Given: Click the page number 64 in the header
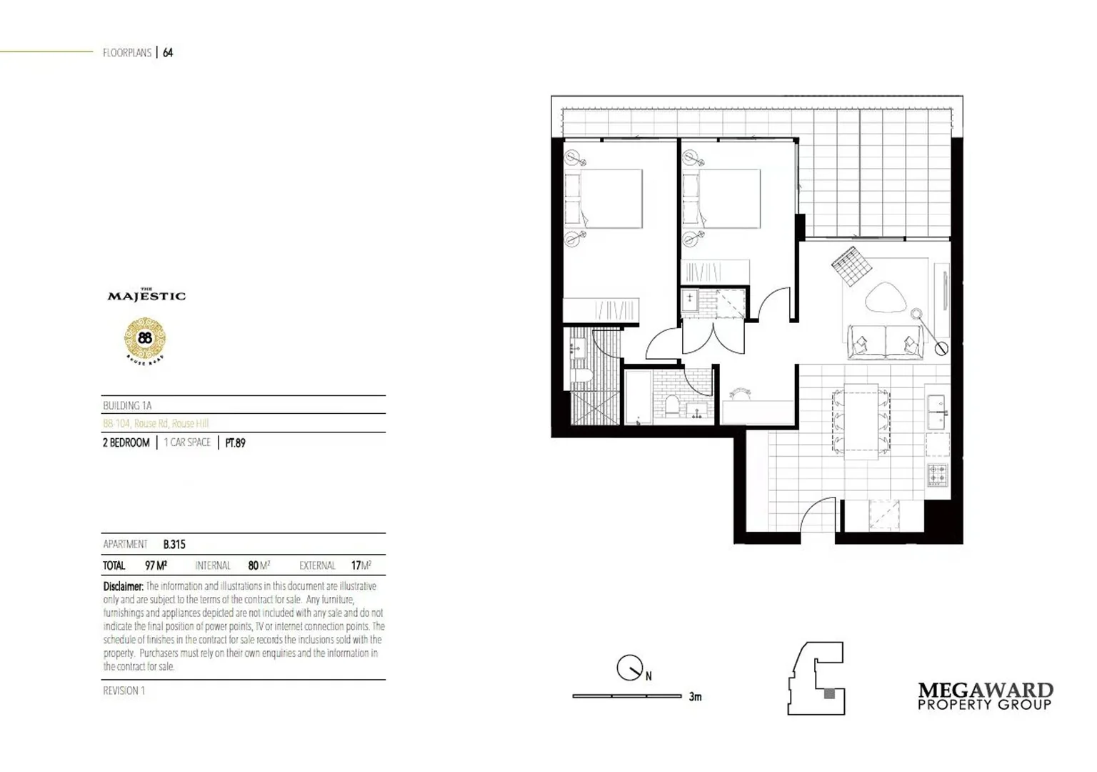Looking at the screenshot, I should click(x=168, y=52).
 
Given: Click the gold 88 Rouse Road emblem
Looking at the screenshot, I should click(x=145, y=338).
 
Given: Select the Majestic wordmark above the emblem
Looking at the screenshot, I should click(x=146, y=295).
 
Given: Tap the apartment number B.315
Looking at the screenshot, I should click(x=174, y=545).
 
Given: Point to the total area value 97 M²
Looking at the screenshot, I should click(x=156, y=565).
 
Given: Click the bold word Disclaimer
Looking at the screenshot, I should click(x=123, y=586).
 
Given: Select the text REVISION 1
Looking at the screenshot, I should click(x=124, y=691).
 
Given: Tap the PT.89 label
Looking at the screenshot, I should click(x=235, y=443).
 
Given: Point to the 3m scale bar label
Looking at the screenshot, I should click(x=695, y=696).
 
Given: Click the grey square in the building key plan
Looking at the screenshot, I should click(x=828, y=693).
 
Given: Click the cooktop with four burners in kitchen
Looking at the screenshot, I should click(x=937, y=474).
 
